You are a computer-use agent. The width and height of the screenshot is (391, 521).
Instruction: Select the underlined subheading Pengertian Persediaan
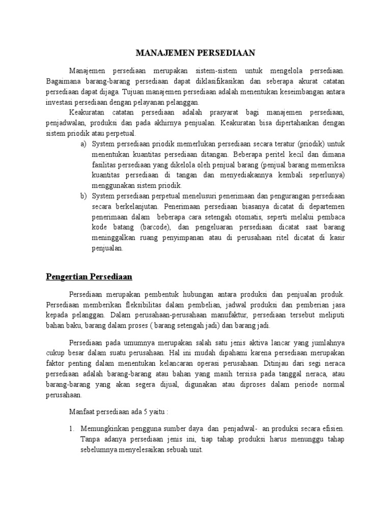(x=89, y=277)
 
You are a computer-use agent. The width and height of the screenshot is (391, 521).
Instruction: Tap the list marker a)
(x=84, y=144)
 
